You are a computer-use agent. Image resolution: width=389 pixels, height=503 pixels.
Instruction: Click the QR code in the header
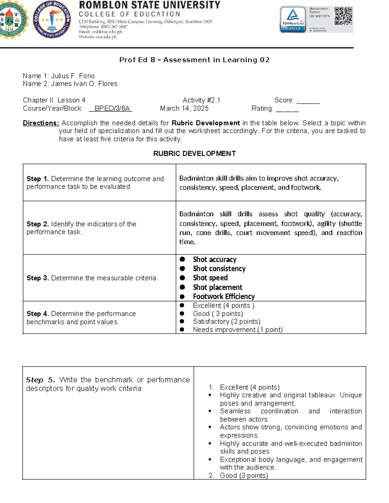[x=343, y=16]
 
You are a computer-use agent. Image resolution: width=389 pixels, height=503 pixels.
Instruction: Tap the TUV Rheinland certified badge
[x=293, y=19]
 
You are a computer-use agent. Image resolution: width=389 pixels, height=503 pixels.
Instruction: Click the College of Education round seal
[x=52, y=19]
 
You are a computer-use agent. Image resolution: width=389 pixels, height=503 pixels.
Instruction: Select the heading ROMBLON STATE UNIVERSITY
[x=149, y=5]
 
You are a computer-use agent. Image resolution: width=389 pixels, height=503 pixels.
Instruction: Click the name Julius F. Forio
[x=73, y=76]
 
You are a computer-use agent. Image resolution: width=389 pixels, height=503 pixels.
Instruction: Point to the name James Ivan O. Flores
[x=84, y=84]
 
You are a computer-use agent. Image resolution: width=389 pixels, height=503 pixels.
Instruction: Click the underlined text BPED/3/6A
[x=111, y=109]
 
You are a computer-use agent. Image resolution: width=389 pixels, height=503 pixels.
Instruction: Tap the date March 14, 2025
[x=184, y=109]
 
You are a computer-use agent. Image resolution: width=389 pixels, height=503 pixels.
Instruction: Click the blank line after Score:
[x=308, y=101]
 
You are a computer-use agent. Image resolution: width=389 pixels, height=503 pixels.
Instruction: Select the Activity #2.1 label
[x=201, y=100]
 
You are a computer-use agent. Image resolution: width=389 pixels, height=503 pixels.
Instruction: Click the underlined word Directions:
[x=41, y=123]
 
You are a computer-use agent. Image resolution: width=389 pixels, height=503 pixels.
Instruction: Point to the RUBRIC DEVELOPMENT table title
[x=194, y=154]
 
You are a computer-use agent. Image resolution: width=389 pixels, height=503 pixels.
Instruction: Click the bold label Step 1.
[x=38, y=179]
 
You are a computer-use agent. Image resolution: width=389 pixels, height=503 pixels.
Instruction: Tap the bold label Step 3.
[x=38, y=278]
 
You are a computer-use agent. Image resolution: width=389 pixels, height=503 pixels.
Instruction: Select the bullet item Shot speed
[x=210, y=278]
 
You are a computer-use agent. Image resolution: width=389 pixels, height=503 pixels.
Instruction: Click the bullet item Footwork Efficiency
[x=224, y=296]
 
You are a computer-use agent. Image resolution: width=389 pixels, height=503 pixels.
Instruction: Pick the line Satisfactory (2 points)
[x=226, y=322]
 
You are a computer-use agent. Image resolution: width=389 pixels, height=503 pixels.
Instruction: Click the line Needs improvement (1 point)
[x=238, y=330]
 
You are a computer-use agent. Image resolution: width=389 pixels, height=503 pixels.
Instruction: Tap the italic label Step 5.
[x=40, y=380]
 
